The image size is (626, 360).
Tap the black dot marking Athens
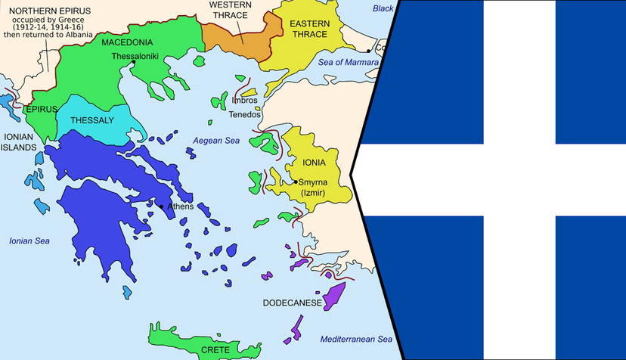pos(161,206)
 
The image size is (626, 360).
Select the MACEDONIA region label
pos(127,42)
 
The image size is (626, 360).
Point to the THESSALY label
pos(91,120)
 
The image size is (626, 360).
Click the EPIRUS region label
pos(42,109)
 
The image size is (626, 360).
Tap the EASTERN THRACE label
pos(308,29)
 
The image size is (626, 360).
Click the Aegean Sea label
pos(216,141)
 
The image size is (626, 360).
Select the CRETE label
pos(215,350)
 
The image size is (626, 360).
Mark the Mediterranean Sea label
pos(355,339)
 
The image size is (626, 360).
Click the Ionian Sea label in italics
pos(29,241)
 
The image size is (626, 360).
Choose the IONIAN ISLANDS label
pos(20,142)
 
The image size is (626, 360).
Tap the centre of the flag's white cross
pos(519,179)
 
